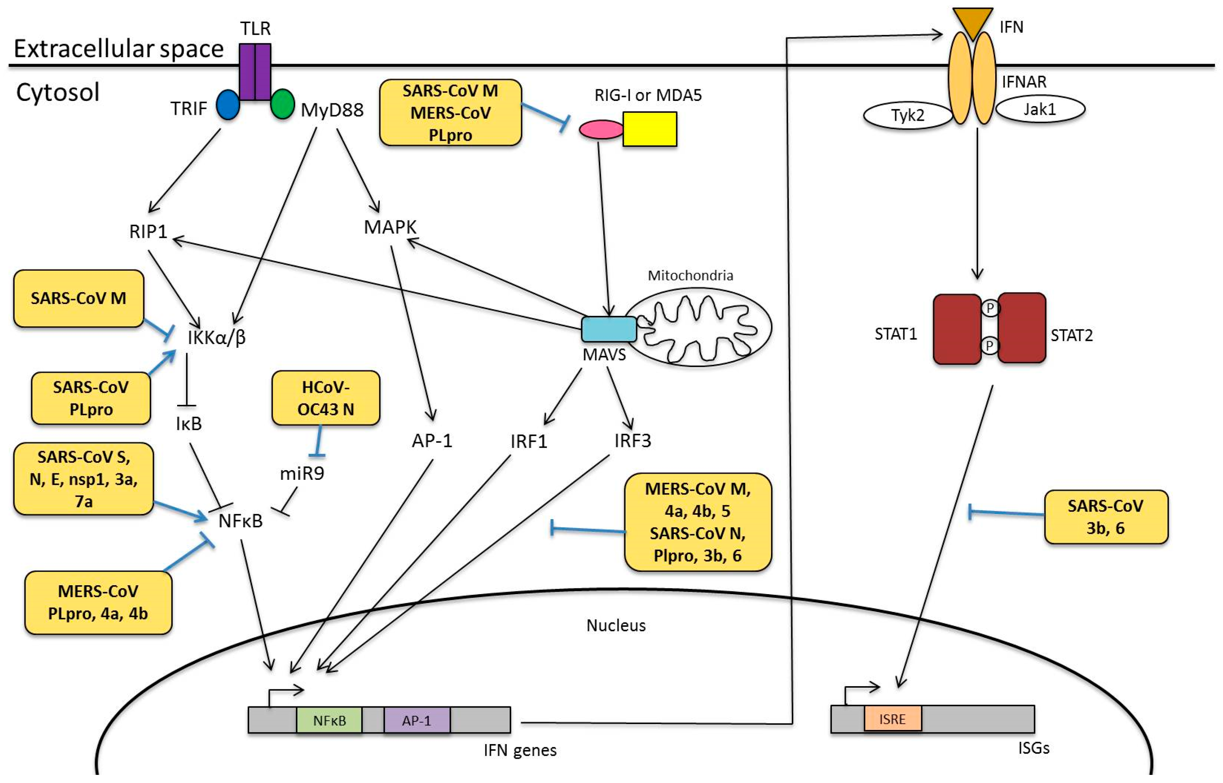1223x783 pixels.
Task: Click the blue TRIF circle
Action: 228,105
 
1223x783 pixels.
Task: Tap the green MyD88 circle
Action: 282,104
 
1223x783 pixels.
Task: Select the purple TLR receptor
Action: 255,72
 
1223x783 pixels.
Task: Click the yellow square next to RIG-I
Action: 649,129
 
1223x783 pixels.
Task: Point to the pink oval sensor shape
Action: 602,129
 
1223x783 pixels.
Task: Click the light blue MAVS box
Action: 609,329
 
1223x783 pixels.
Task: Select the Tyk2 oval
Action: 908,116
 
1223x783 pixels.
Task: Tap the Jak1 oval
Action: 1040,109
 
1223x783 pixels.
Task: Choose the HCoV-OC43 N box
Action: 326,398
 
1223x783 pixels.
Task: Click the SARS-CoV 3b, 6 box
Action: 1105,517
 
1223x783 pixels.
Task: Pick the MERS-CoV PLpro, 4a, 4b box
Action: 98,603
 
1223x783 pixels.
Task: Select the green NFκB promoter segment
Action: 329,720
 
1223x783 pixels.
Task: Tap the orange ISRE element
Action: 893,719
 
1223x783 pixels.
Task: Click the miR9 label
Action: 302,473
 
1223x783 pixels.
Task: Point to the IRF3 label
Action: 633,440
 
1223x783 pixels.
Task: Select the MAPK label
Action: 390,227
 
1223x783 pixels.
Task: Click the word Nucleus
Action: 616,625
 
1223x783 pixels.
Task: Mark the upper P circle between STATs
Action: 990,308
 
